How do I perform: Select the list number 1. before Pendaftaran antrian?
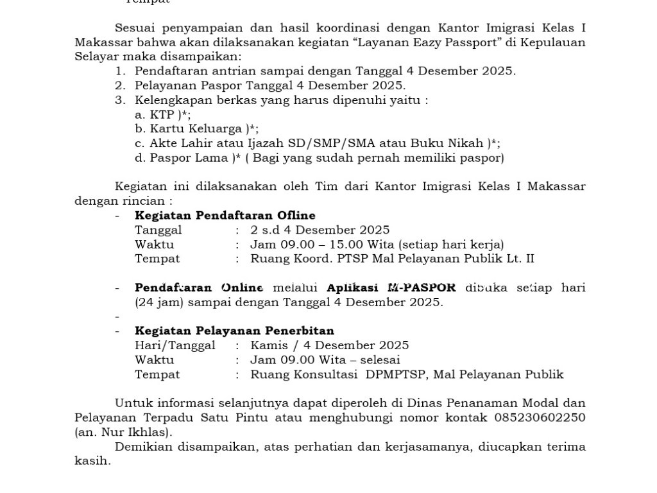(121, 71)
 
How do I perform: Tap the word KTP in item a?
(162, 115)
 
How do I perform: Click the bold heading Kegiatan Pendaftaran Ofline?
(225, 216)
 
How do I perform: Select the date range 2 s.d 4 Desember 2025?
(320, 230)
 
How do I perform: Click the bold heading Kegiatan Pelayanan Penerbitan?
(234, 331)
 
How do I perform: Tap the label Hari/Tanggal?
(175, 345)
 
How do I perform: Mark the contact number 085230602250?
(540, 417)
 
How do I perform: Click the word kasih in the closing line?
(92, 461)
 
